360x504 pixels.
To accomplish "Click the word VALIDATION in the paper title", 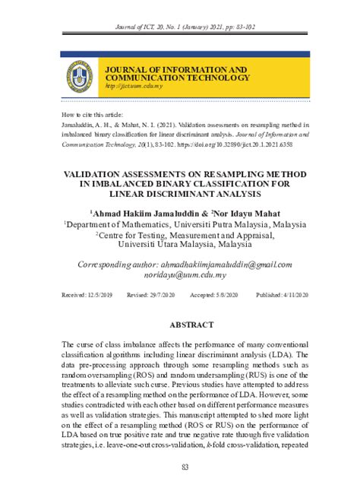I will [x=106, y=173].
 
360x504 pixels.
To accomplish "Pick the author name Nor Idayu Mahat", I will [x=241, y=214].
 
